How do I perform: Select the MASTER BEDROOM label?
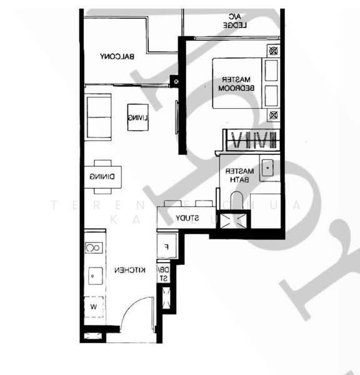[x=234, y=84]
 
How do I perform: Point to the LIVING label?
[x=137, y=117]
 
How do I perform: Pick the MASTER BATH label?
[x=239, y=175]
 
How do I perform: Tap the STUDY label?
[x=187, y=218]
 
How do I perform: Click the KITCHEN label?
[x=130, y=270]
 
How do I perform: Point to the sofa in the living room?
[x=99, y=116]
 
